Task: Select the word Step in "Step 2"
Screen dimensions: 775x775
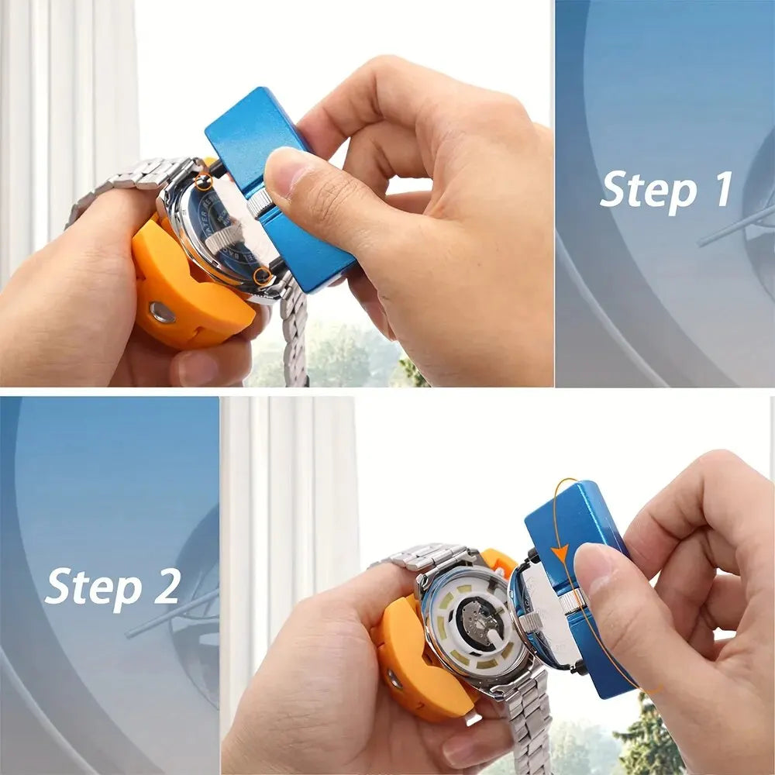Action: pyautogui.click(x=90, y=586)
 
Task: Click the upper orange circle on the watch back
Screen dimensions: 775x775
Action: pyautogui.click(x=204, y=182)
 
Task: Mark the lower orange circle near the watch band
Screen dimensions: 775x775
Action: pyautogui.click(x=263, y=275)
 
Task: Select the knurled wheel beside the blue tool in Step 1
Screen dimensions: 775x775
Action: pyautogui.click(x=260, y=203)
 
